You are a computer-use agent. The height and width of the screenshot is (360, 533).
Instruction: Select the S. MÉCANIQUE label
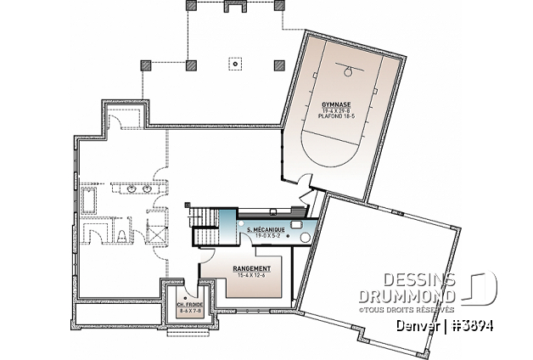pos(262,230)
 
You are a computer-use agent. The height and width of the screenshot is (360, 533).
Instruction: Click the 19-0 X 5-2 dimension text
pos(262,236)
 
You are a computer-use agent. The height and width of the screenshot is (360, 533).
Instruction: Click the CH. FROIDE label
pos(189,304)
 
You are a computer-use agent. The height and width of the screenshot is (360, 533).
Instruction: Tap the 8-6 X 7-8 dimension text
pos(189,311)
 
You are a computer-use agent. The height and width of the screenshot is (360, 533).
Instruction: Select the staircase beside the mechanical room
pos(204,221)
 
